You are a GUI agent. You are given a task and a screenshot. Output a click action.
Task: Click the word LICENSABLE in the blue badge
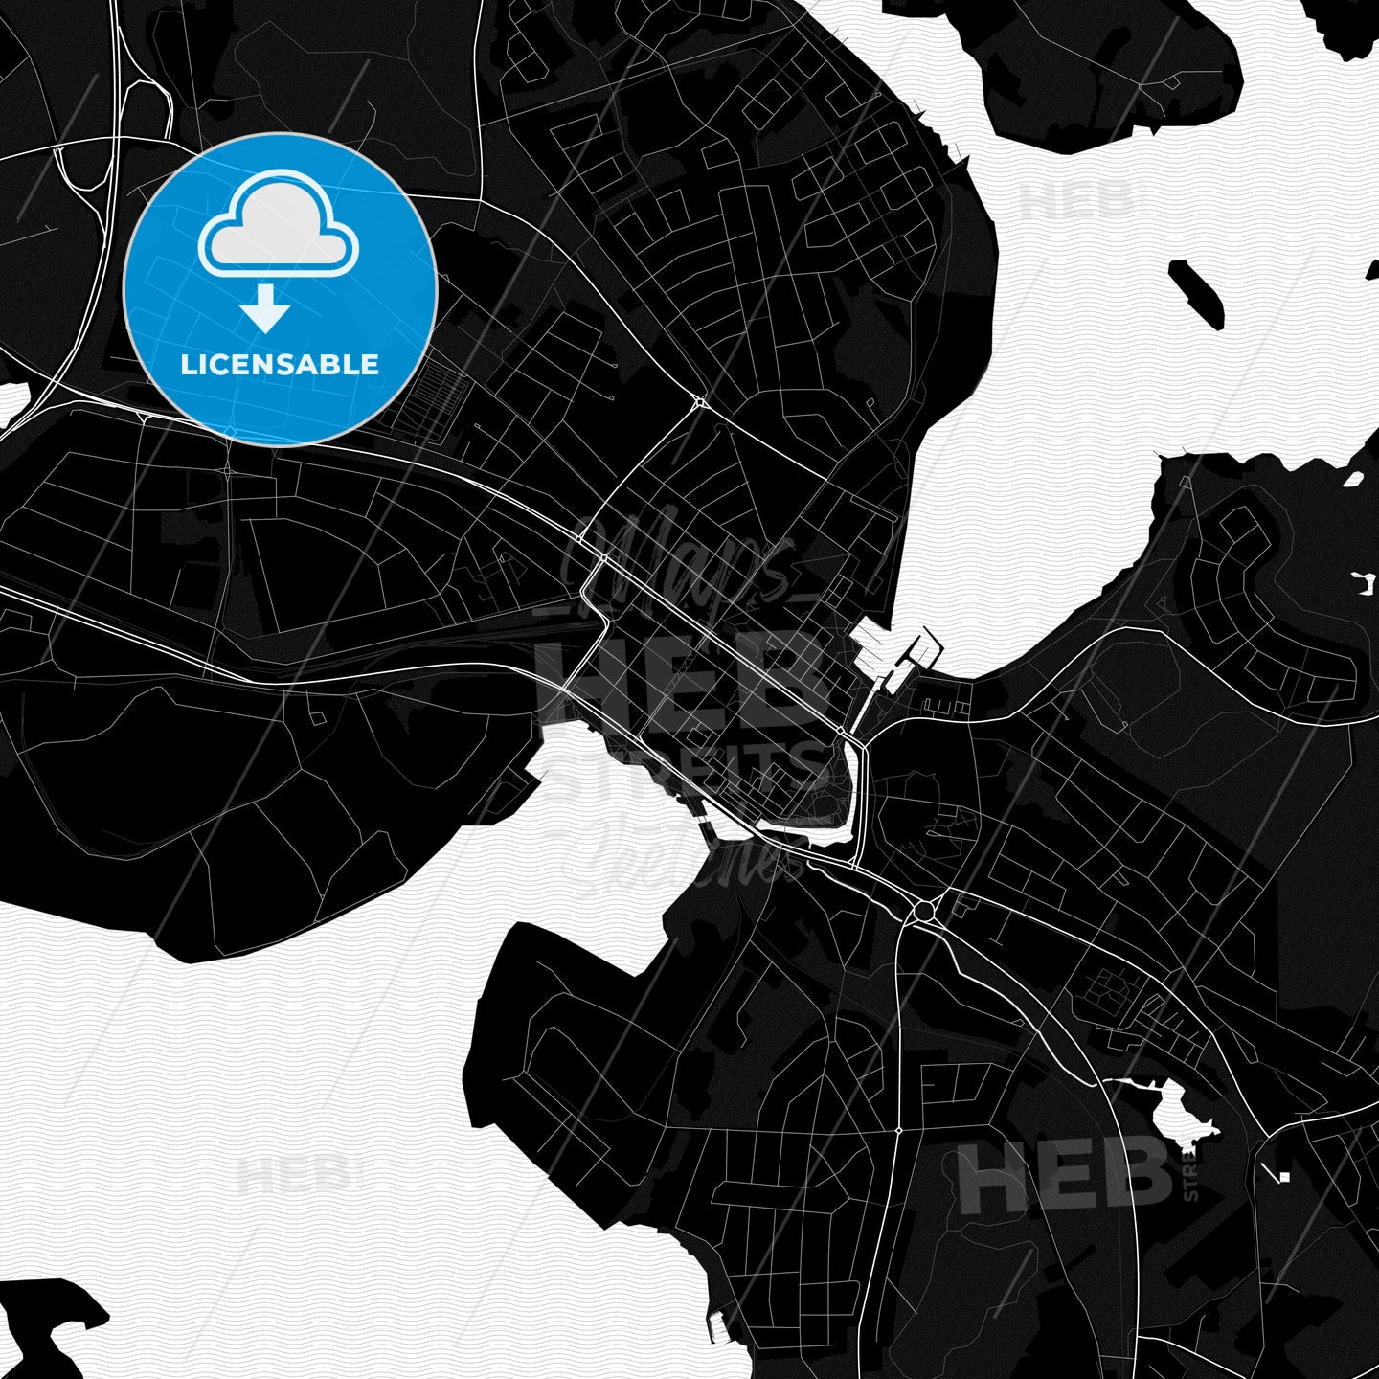point(280,364)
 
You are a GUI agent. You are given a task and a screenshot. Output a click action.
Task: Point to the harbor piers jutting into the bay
point(895,656)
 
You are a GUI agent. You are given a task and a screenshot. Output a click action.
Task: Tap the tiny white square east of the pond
point(1284,1176)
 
